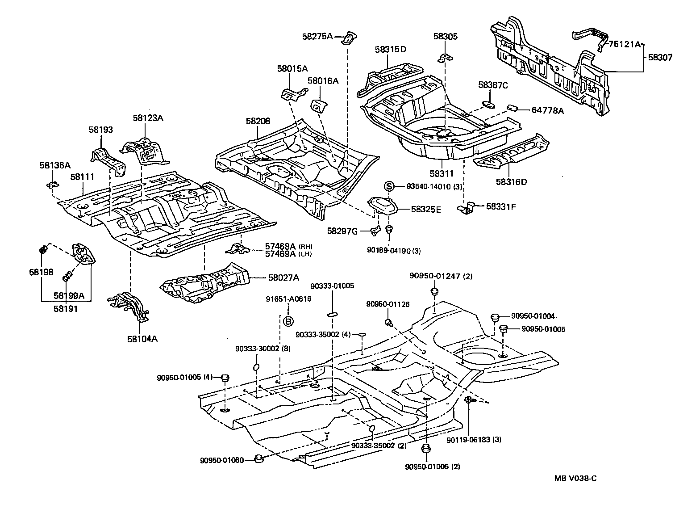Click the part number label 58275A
click(x=317, y=37)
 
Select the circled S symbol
click(x=389, y=186)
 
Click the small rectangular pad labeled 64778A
click(x=512, y=108)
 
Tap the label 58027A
click(x=283, y=278)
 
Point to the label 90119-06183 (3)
click(x=474, y=440)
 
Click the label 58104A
click(x=142, y=338)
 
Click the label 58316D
click(x=511, y=182)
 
